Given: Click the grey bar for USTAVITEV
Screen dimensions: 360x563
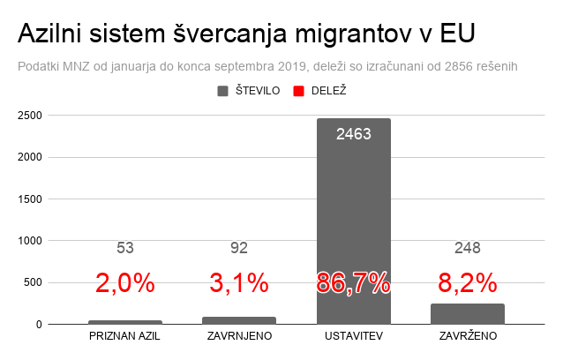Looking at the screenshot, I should click(353, 221).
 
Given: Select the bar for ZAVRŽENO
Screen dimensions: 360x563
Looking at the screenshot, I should click(468, 314).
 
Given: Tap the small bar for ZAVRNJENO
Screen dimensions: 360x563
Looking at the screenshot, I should click(239, 320).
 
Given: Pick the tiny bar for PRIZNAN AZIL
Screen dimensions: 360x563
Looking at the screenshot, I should click(125, 322).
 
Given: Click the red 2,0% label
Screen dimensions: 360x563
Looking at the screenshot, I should click(125, 283).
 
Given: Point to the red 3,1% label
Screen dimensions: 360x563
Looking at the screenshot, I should click(239, 283).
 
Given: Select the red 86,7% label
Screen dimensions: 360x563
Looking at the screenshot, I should click(353, 283).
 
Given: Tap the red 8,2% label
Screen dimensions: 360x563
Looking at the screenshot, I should click(468, 283).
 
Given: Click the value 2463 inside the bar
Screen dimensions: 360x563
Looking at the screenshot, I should click(353, 135).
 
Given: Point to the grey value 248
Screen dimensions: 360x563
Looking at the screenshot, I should click(468, 248).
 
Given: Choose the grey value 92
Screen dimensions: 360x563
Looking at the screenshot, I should click(239, 248).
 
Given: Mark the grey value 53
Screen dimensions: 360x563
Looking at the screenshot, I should click(125, 248).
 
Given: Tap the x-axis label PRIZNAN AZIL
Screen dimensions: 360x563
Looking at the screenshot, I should click(125, 338).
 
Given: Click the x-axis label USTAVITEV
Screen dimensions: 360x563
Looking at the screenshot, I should click(353, 338).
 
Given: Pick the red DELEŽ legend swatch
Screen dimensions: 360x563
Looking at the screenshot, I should click(299, 91).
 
